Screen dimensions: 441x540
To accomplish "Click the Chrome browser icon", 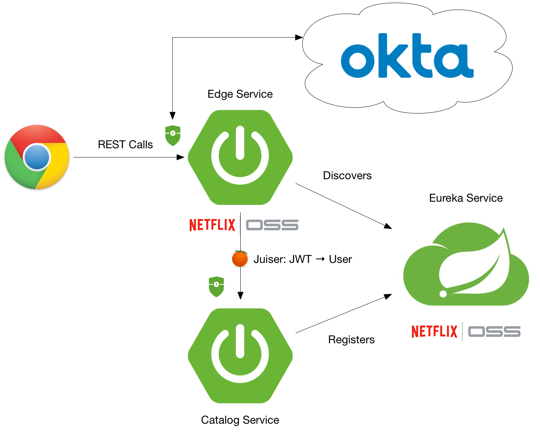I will point(37,157).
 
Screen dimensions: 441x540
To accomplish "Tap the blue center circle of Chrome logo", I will point(37,157).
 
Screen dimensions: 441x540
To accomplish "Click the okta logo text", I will point(407,57).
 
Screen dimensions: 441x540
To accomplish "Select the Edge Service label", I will point(240,94).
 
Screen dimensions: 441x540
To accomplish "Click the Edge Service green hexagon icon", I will point(240,157).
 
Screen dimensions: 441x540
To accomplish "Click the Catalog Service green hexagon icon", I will point(240,355).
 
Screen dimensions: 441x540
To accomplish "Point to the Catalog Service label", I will point(240,420).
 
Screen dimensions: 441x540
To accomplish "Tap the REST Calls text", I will point(125,145).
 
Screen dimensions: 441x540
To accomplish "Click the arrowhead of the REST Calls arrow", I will point(181,157).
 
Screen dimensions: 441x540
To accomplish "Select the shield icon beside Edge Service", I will point(173,135).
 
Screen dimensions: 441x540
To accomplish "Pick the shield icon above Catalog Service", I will point(216,287).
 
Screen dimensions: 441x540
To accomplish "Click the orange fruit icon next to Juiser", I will point(240,258).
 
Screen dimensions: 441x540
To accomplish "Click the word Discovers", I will point(347,176).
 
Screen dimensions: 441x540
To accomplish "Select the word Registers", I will point(351,340).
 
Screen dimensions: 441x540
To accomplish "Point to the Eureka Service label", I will point(466,198).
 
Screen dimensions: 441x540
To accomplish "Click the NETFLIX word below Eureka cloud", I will point(434,331).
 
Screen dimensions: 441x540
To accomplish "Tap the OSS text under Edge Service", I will point(272,225).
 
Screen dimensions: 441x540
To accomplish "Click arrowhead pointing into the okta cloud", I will point(299,37).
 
